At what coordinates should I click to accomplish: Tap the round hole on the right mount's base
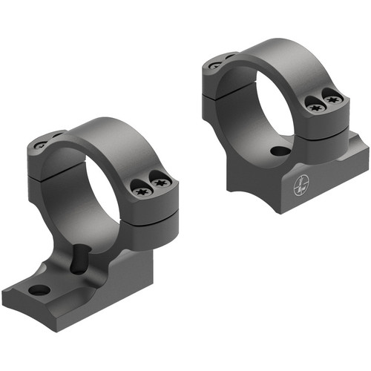[x=280, y=151]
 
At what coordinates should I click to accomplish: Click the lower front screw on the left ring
[x=142, y=191]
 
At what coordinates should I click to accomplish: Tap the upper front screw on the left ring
[x=159, y=177]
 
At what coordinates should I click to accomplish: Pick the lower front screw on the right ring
[x=315, y=106]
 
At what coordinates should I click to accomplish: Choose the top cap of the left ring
[x=111, y=134]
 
